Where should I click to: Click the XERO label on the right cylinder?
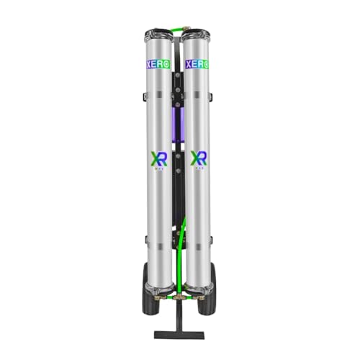click(196, 64)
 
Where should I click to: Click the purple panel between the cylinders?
click(179, 119)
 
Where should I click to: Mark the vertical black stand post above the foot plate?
click(180, 317)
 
